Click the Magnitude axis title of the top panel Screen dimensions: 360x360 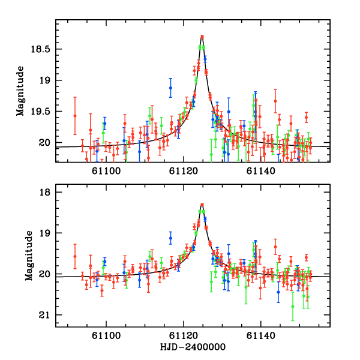[x=20, y=91]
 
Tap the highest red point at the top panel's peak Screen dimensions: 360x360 [x=202, y=37]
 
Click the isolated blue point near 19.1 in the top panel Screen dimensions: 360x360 [x=170, y=88]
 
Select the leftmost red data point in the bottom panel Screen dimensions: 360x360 [x=75, y=256]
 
